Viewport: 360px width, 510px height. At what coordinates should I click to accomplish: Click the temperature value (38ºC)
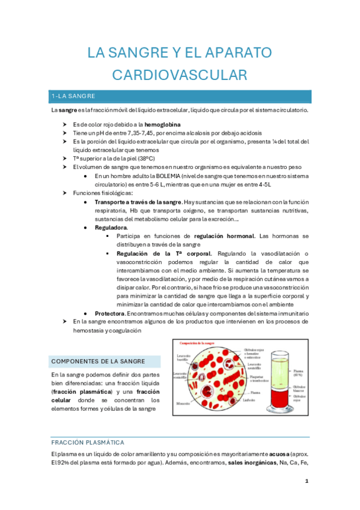[141, 158]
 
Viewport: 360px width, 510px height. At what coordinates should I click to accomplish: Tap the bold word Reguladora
[111, 227]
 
